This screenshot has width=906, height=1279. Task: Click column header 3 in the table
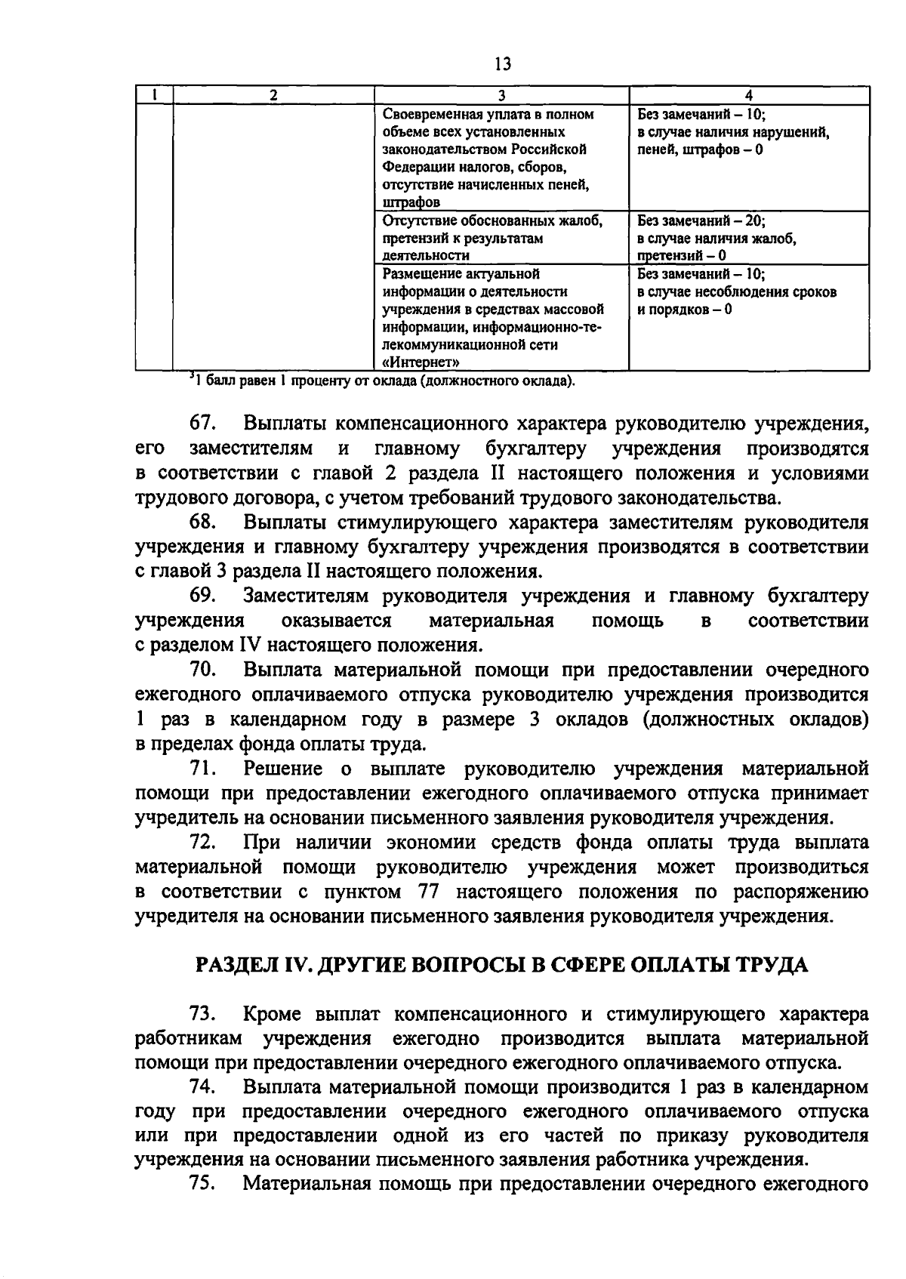(x=501, y=96)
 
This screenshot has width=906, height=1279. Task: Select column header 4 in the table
(x=748, y=96)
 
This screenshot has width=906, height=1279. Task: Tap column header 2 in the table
(x=273, y=96)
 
